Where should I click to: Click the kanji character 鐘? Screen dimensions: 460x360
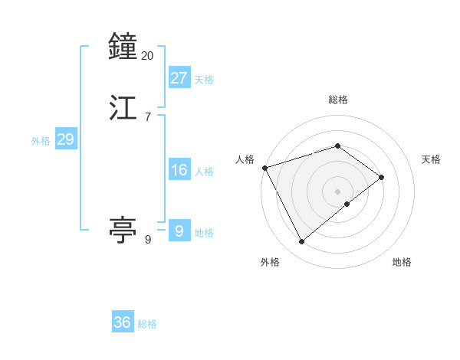coord(123,47)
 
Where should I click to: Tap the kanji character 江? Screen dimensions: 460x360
coord(123,106)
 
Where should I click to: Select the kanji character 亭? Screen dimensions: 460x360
coord(123,229)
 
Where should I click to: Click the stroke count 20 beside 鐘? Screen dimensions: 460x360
coord(148,56)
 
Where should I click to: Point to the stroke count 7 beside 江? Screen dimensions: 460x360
coord(147,116)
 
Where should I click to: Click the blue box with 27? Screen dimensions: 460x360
coord(179,77)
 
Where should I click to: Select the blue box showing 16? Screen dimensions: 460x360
coord(179,170)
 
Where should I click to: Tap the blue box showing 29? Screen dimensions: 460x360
coord(65,139)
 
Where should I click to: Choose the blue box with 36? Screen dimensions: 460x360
coord(123,322)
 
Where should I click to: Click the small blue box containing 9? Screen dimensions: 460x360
coord(179,230)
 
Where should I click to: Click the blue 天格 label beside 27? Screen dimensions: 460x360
coord(204,80)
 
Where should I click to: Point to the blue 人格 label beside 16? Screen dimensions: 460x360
coord(204,172)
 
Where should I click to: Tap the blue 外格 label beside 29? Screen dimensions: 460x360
coord(41,141)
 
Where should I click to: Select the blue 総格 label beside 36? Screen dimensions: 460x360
coord(147,324)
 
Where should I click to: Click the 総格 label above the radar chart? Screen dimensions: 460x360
coord(337,100)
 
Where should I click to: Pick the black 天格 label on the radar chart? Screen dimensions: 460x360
coord(431,159)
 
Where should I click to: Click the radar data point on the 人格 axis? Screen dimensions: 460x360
coord(264,168)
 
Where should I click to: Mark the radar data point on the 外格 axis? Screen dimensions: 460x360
coord(301,242)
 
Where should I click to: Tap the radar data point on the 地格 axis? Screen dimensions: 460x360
coord(347,204)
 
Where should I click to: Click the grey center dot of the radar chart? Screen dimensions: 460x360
coord(337,191)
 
